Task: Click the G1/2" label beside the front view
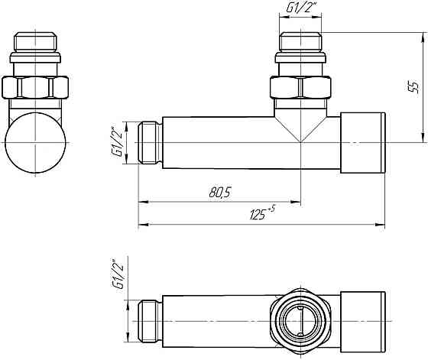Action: (x=117, y=142)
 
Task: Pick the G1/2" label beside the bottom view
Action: (x=117, y=274)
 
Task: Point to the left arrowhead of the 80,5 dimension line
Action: (x=142, y=203)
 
